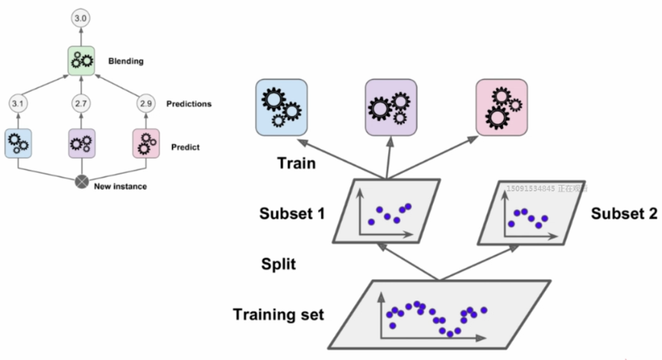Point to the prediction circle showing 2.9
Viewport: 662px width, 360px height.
tap(145, 104)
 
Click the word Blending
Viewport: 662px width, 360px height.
tap(127, 61)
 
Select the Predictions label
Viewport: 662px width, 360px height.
tap(189, 104)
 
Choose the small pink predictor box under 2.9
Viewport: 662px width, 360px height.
tap(145, 142)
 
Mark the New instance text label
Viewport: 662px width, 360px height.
tap(120, 186)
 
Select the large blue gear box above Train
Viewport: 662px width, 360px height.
tap(279, 107)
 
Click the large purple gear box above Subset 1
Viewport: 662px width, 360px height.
tap(389, 107)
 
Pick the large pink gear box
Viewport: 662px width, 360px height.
tap(500, 107)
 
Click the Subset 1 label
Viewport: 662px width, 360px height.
tap(291, 213)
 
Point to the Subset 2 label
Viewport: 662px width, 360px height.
tap(624, 214)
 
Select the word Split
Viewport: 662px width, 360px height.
tap(280, 264)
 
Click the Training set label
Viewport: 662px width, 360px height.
tap(278, 314)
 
